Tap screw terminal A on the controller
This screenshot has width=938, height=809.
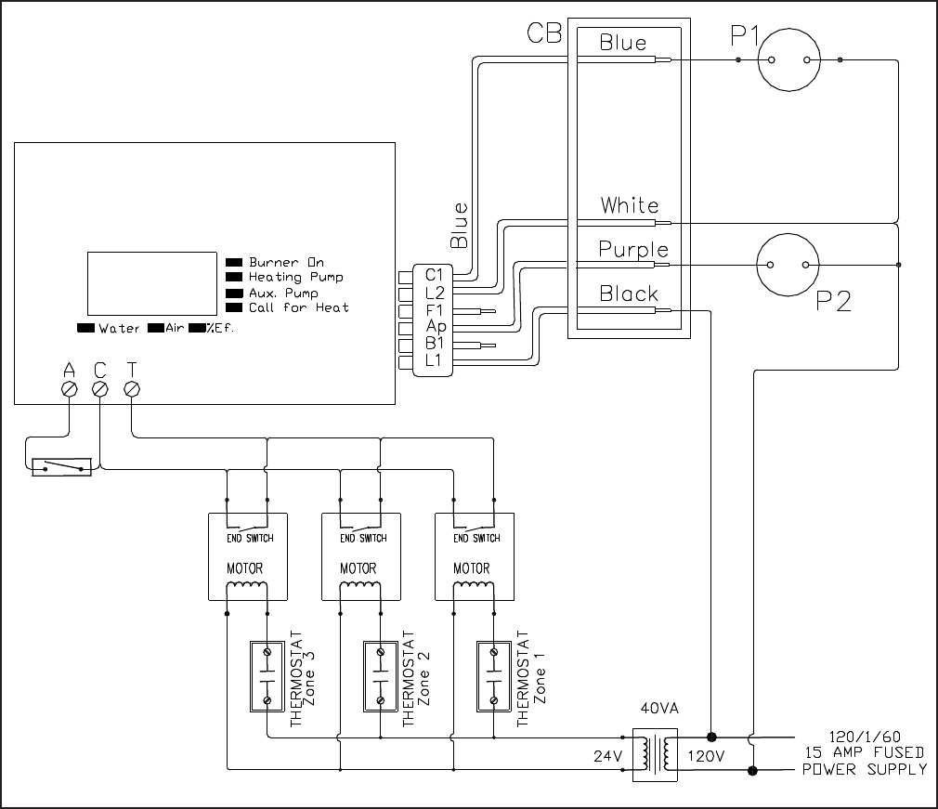[x=70, y=389]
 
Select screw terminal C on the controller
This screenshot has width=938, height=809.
[x=100, y=389]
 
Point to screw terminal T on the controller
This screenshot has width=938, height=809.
[x=132, y=389]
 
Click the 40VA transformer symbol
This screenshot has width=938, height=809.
[x=655, y=754]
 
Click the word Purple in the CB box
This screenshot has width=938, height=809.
[x=633, y=250]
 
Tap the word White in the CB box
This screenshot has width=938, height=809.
[x=630, y=205]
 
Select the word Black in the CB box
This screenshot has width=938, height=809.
[x=629, y=294]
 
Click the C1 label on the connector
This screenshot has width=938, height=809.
[x=435, y=275]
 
